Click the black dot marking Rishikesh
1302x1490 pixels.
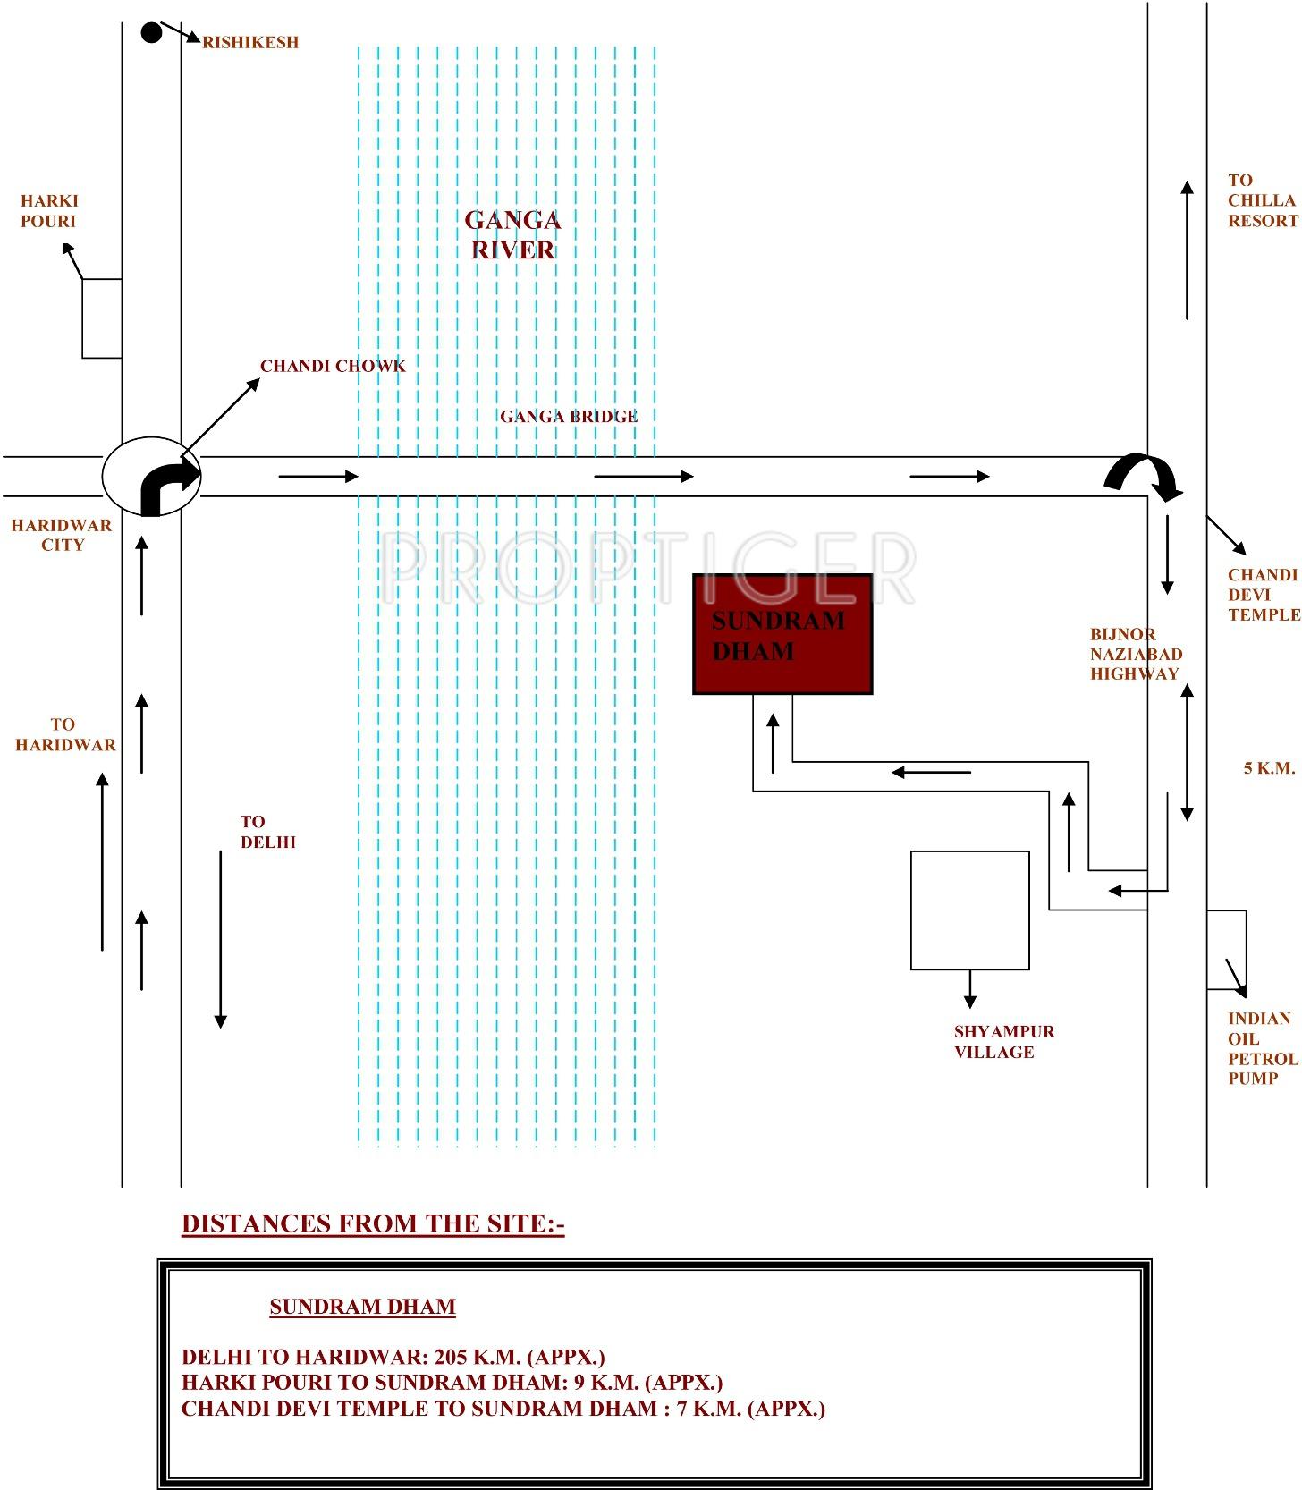point(152,33)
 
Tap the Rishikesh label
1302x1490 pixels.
point(250,42)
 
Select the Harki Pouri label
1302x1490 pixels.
point(49,211)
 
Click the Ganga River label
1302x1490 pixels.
point(512,234)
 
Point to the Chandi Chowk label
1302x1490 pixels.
point(333,366)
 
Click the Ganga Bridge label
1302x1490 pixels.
point(569,416)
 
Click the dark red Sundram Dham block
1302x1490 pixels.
point(782,634)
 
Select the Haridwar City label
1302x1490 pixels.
point(62,535)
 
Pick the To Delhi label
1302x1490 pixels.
point(266,832)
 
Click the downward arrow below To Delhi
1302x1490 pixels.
point(221,939)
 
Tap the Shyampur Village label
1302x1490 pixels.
point(1003,1042)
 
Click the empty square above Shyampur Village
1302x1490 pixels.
point(969,910)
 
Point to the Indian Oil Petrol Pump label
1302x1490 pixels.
point(1262,1048)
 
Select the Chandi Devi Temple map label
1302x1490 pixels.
point(1263,595)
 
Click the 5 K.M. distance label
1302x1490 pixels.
point(1269,768)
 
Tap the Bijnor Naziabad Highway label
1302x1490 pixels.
point(1135,654)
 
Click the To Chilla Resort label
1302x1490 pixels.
point(1262,200)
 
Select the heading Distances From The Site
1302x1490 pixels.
point(373,1223)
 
